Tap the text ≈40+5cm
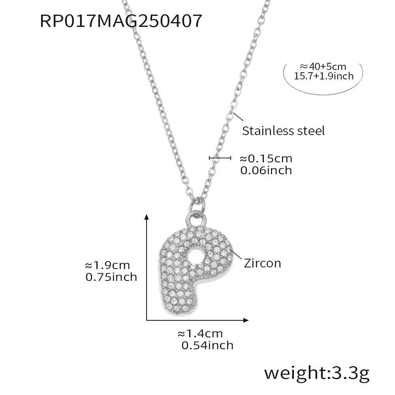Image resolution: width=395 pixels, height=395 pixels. point(323,66)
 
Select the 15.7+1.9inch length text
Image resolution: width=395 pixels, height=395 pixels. point(324,76)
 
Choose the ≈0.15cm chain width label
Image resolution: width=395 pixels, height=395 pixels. point(266,159)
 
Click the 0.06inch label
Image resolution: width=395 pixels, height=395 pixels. point(266,170)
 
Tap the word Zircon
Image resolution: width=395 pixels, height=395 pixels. point(262,263)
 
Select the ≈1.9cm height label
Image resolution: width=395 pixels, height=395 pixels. point(107,265)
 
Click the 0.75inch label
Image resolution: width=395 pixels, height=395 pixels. point(111,277)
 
